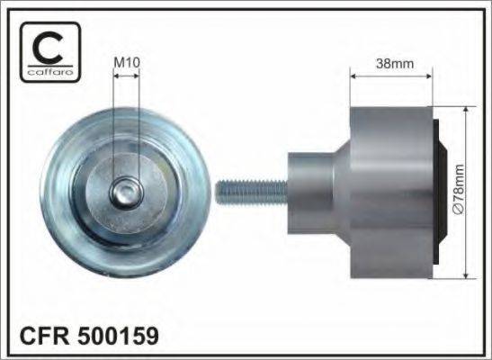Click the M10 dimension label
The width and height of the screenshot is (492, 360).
127,62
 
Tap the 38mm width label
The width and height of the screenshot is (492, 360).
395,64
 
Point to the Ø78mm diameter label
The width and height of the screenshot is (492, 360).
459,190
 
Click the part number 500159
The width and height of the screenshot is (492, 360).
118,336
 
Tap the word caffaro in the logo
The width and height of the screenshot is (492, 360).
50,72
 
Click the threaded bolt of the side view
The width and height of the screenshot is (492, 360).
252,192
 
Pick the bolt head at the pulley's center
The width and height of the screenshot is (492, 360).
127,193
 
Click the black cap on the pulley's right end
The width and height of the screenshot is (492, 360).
439,192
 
